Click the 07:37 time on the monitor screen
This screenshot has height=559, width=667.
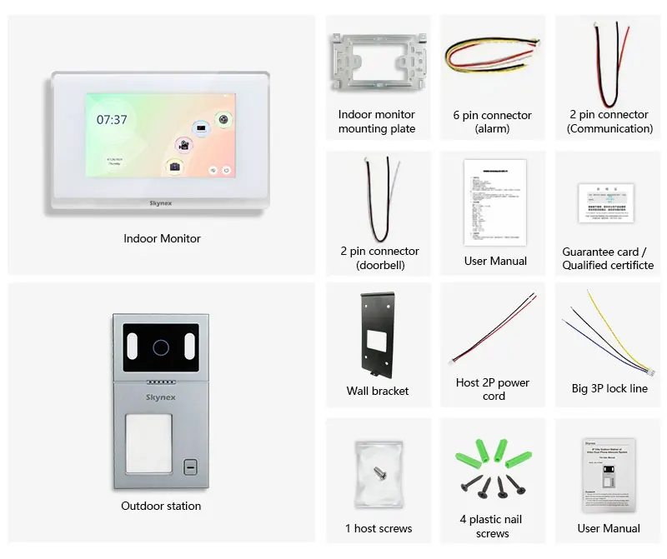(112, 120)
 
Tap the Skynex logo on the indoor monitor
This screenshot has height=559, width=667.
(161, 202)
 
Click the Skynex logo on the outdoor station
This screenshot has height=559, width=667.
(161, 397)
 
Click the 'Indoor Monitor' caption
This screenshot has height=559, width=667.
(162, 238)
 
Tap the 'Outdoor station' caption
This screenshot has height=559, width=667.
(161, 506)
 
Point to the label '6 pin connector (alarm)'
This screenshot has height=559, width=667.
(492, 122)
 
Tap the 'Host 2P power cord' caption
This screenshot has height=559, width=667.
(493, 389)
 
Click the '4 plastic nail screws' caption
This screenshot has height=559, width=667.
(492, 526)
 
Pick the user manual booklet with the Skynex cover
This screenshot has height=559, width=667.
(608, 474)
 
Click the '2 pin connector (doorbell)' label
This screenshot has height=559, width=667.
(379, 257)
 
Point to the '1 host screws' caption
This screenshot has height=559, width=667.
(379, 528)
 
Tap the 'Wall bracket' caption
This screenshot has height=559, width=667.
(378, 391)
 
